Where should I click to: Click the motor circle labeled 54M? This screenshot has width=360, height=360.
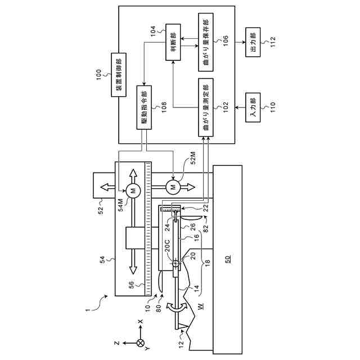tap(134, 191)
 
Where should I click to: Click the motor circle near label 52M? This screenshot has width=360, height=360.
tap(173, 186)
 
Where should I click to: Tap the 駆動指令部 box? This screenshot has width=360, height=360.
tap(144, 107)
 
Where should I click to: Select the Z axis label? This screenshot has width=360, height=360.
tap(115, 342)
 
